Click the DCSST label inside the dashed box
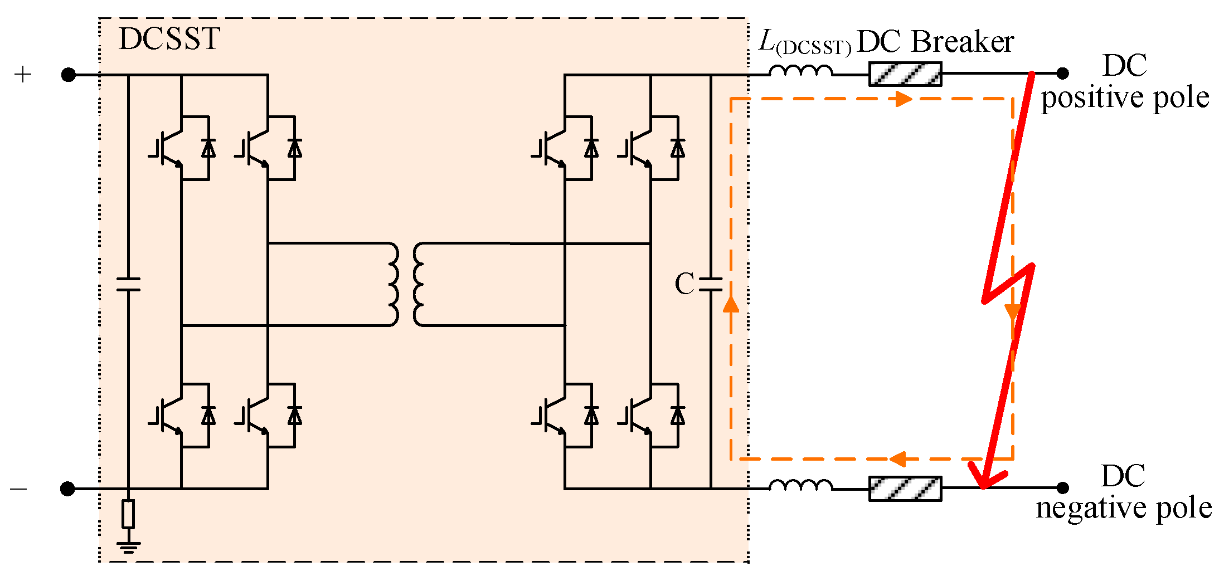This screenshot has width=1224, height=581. pyautogui.click(x=169, y=39)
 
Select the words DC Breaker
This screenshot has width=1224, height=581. pyautogui.click(x=935, y=42)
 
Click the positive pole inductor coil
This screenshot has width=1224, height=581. pyautogui.click(x=801, y=71)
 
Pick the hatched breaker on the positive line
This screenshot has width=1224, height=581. pyautogui.click(x=905, y=74)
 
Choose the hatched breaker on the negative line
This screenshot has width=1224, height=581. pyautogui.click(x=905, y=489)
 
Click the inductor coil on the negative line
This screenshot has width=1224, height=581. pyautogui.click(x=801, y=485)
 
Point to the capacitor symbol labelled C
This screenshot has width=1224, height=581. pyautogui.click(x=711, y=285)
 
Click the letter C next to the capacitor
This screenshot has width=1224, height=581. pyautogui.click(x=684, y=284)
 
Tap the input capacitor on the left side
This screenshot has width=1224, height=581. pyautogui.click(x=128, y=284)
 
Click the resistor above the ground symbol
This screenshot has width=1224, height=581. pyautogui.click(x=128, y=514)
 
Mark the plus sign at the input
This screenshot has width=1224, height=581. pyautogui.click(x=23, y=75)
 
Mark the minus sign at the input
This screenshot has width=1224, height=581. pyautogui.click(x=18, y=489)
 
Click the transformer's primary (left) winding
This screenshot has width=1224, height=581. pyautogui.click(x=392, y=284)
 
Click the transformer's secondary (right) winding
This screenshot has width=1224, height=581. pyautogui.click(x=419, y=284)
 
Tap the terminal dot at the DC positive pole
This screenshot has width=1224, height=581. pyautogui.click(x=1063, y=73)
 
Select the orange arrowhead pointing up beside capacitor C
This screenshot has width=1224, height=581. pyautogui.click(x=731, y=304)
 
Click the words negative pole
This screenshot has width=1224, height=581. pyautogui.click(x=1124, y=508)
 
